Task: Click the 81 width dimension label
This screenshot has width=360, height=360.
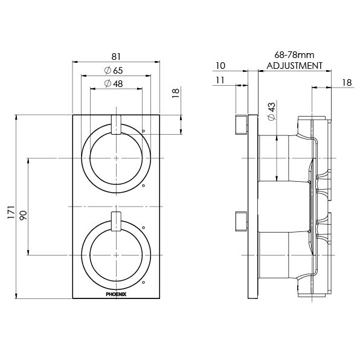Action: [x=116, y=57]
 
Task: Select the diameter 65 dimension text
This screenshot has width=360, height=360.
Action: [x=114, y=70]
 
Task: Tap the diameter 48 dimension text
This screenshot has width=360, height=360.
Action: [x=114, y=83]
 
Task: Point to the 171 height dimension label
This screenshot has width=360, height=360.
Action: [x=11, y=212]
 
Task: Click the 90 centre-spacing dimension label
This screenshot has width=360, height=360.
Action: [x=23, y=215]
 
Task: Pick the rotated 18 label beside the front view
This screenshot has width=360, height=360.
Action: [x=175, y=94]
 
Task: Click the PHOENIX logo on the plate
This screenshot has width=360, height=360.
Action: [x=116, y=294]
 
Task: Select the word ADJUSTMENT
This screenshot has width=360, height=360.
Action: [x=294, y=66]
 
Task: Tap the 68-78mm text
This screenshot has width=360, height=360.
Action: [x=294, y=55]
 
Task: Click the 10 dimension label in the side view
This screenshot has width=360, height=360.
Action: [x=220, y=66]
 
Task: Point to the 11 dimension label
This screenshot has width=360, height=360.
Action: [x=220, y=80]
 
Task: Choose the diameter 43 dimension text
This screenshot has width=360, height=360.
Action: [x=271, y=111]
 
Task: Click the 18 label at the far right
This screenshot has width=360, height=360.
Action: [x=347, y=82]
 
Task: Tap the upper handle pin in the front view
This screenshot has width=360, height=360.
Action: [x=116, y=124]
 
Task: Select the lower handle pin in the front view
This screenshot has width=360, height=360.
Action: [x=116, y=221]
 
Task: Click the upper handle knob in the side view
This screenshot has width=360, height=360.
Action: [x=241, y=124]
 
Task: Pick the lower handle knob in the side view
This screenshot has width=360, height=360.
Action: [x=241, y=221]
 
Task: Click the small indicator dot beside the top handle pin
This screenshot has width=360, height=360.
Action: [x=144, y=131]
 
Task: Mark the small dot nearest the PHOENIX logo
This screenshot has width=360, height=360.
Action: [x=144, y=281]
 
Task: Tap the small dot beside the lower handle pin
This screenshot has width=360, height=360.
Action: [x=144, y=228]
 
